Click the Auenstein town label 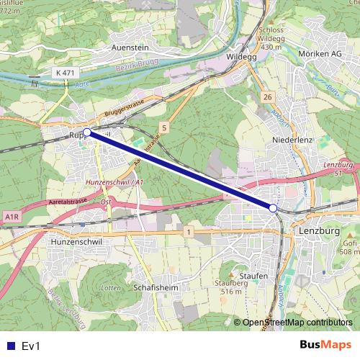[x=130, y=47]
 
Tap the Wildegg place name [x=241, y=54]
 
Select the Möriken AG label [x=319, y=54]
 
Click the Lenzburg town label [x=317, y=232]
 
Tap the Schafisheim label [x=156, y=287]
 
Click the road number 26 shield [x=268, y=96]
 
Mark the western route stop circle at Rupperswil [x=87, y=132]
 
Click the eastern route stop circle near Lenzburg [x=273, y=208]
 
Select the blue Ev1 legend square [x=10, y=346]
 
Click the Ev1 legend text [x=31, y=346]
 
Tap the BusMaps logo [x=325, y=345]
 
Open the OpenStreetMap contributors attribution [x=297, y=323]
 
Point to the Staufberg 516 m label [x=230, y=287]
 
